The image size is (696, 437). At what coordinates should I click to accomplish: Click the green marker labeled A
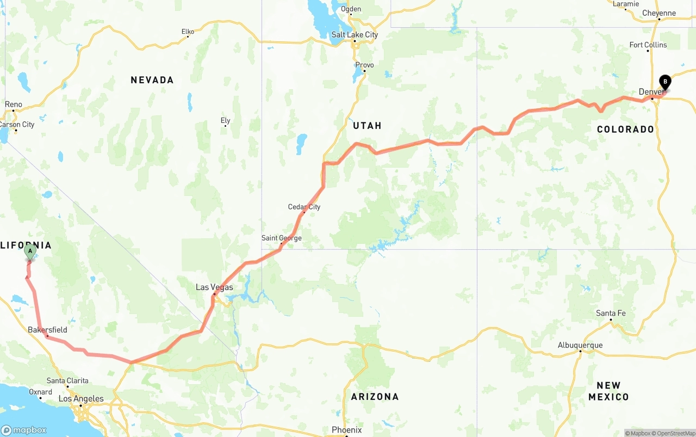pos(30,251)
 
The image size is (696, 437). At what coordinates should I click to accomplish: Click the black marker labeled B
pos(665,82)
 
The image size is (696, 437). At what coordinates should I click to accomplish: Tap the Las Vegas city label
pos(214,287)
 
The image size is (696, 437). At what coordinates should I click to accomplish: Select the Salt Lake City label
pos(355,35)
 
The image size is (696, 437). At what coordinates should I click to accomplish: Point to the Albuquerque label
pos(580,345)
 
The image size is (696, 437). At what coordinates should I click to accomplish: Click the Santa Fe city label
pos(611,313)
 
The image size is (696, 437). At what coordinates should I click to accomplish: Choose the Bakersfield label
pos(48,330)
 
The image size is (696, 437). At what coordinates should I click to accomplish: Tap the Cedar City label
pos(304,207)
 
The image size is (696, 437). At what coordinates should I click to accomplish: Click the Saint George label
pos(281,238)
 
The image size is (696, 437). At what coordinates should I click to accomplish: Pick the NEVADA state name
pos(152,80)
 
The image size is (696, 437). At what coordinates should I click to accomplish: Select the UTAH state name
pos(368,126)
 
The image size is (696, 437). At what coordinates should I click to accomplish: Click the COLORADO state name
pos(625,130)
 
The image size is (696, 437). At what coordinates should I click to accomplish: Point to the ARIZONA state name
pos(375,397)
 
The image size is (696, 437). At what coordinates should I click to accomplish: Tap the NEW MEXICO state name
pos(608,391)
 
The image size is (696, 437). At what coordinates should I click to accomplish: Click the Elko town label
pos(188,32)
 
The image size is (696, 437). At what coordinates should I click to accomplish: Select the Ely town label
pos(225,121)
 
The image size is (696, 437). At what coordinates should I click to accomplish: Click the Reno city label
pos(14,104)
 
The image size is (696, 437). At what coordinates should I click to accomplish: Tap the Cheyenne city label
pos(658,13)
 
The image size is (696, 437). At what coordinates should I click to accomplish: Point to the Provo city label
pos(364,65)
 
